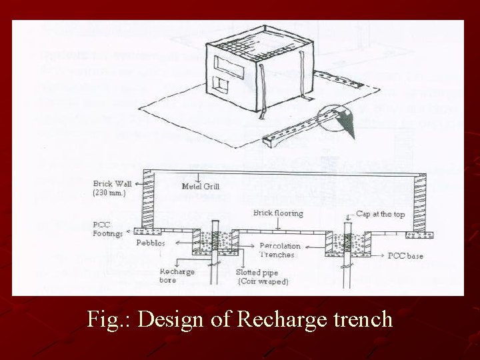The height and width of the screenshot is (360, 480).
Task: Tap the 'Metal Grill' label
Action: pos(200,187)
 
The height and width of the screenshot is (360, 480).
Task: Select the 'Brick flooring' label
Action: pos(278,213)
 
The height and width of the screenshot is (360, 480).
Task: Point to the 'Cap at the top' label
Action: pos(378,213)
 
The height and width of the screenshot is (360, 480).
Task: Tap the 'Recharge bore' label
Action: pos(177,276)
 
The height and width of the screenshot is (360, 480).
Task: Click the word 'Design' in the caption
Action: pos(175,319)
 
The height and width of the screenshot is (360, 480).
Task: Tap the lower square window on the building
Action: pos(219,85)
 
